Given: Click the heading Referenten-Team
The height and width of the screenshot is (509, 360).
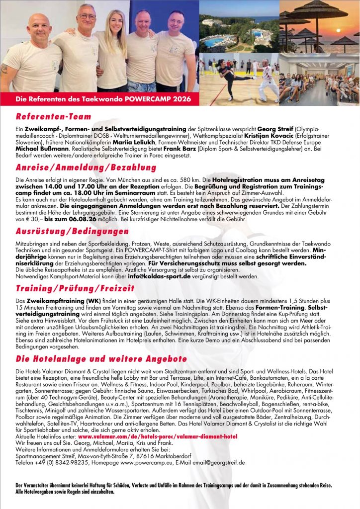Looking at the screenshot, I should [x=53, y=117].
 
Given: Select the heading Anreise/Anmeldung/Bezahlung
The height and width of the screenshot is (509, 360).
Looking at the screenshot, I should [x=79, y=167].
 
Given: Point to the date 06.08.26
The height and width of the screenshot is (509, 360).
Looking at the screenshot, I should [x=76, y=219].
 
